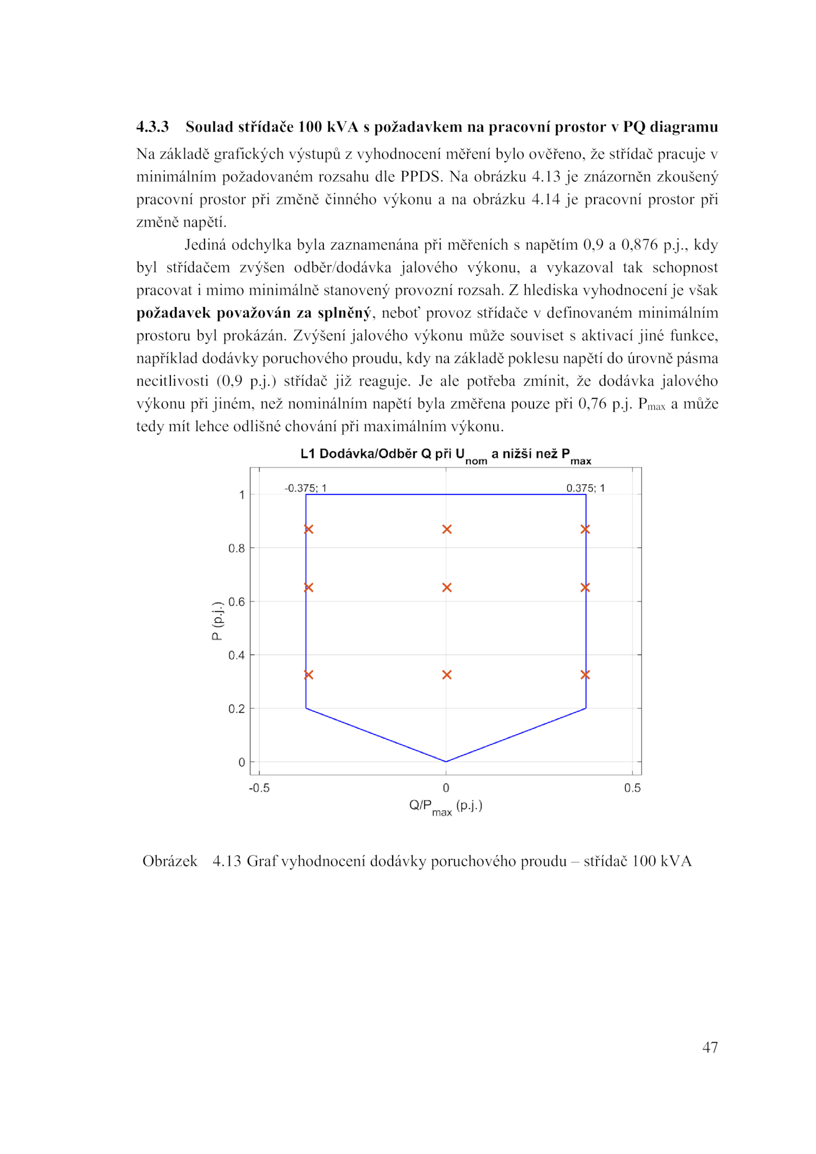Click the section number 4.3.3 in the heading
[x=152, y=127]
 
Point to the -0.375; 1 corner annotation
[x=305, y=488]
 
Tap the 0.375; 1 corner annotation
[x=585, y=488]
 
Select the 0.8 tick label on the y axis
[x=237, y=548]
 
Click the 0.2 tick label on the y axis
[x=237, y=709]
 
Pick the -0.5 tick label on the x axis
[x=259, y=788]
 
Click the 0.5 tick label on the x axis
[x=632, y=788]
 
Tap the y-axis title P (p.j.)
[x=217, y=621]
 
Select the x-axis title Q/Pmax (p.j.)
[x=445, y=807]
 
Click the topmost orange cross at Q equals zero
[x=447, y=530]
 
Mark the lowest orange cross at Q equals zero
[x=447, y=675]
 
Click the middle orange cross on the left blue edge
[x=308, y=588]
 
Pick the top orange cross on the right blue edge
[x=585, y=530]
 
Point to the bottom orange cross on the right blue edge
[x=585, y=675]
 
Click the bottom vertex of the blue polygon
[x=446, y=762]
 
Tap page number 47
[x=710, y=1047]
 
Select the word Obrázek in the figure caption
[x=170, y=861]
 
